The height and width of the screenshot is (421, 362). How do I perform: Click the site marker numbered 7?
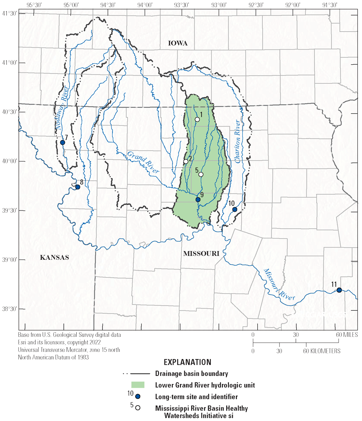63,142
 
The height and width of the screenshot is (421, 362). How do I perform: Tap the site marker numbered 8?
77,187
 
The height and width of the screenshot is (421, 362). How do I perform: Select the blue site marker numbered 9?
198,199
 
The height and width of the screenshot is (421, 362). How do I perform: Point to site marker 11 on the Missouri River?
339,290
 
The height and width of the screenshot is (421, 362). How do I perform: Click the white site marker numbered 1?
197,119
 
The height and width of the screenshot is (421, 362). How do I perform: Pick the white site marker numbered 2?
186,161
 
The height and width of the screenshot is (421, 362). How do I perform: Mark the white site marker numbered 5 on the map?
201,174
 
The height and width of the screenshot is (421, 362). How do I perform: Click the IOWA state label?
178,43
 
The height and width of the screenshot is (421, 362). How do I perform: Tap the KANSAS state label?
54,257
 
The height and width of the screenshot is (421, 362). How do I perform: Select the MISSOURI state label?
201,253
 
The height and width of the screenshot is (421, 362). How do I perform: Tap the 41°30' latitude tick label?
9,13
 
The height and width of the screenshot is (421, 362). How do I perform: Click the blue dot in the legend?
138,396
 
